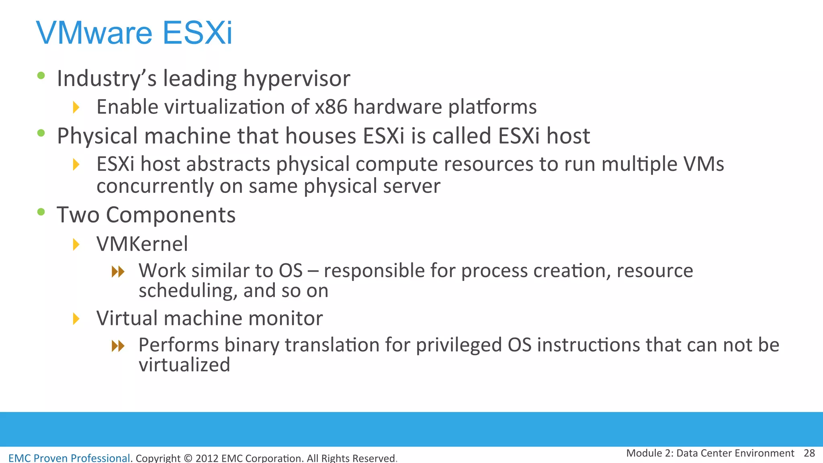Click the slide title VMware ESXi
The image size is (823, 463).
[x=134, y=33]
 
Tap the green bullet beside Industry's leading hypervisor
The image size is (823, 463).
[x=41, y=75]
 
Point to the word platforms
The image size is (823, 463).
[x=492, y=107]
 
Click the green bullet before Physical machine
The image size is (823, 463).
[x=41, y=133]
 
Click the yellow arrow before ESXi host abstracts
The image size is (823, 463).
[x=76, y=164]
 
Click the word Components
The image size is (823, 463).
[x=170, y=215]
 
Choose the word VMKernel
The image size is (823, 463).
[x=142, y=244]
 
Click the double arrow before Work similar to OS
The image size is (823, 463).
[x=118, y=272]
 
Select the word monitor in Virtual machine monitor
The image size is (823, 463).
[x=286, y=318]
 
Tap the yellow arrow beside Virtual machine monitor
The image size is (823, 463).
[x=76, y=319]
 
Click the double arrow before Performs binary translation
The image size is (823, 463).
[x=118, y=346]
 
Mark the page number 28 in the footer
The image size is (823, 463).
[x=809, y=453]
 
